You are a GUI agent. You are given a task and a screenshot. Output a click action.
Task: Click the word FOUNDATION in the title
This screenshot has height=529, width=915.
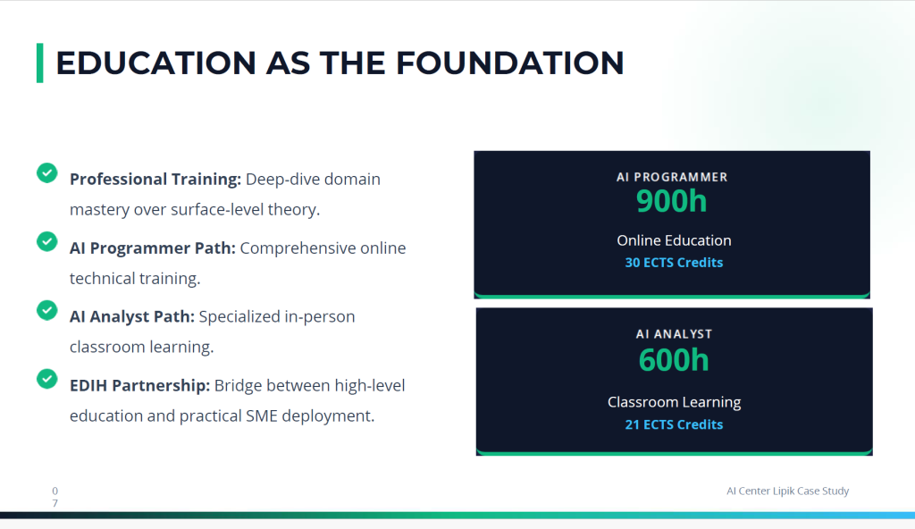510,63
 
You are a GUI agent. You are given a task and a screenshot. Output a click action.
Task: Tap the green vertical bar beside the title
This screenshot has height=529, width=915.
39,63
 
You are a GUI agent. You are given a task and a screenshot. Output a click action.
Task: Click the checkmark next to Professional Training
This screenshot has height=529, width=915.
47,172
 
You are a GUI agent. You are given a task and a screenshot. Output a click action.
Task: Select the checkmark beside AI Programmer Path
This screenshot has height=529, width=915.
47,242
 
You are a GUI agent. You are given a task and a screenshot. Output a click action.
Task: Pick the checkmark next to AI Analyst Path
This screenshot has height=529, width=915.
47,310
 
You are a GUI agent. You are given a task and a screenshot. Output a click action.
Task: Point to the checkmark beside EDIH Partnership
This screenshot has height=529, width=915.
47,379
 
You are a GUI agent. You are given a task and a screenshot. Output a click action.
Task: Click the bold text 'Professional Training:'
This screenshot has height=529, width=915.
155,180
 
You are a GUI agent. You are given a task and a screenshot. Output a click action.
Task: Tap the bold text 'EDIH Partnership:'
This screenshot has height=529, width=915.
139,386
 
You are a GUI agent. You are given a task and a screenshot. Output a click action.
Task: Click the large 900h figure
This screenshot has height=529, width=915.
672,201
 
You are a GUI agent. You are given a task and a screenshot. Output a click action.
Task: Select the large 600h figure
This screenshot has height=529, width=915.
674,360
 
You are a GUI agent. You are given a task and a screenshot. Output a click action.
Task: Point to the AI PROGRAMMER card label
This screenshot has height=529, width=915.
672,177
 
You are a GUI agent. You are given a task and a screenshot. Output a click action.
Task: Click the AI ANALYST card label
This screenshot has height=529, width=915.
674,334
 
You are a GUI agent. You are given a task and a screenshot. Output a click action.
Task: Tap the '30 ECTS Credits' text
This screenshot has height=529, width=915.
674,263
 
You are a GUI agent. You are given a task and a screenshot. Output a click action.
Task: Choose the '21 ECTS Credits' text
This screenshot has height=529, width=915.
674,424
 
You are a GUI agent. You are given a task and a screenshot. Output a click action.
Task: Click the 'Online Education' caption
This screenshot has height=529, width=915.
674,240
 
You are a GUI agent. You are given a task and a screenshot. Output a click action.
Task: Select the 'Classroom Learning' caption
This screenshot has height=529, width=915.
674,402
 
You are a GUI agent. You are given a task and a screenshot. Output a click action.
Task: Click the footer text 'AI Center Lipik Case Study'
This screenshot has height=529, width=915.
788,491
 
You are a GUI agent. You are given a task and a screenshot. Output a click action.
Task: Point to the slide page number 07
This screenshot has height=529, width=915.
55,497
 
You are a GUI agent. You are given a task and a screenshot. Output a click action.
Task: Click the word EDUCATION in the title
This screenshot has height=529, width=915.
155,63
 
